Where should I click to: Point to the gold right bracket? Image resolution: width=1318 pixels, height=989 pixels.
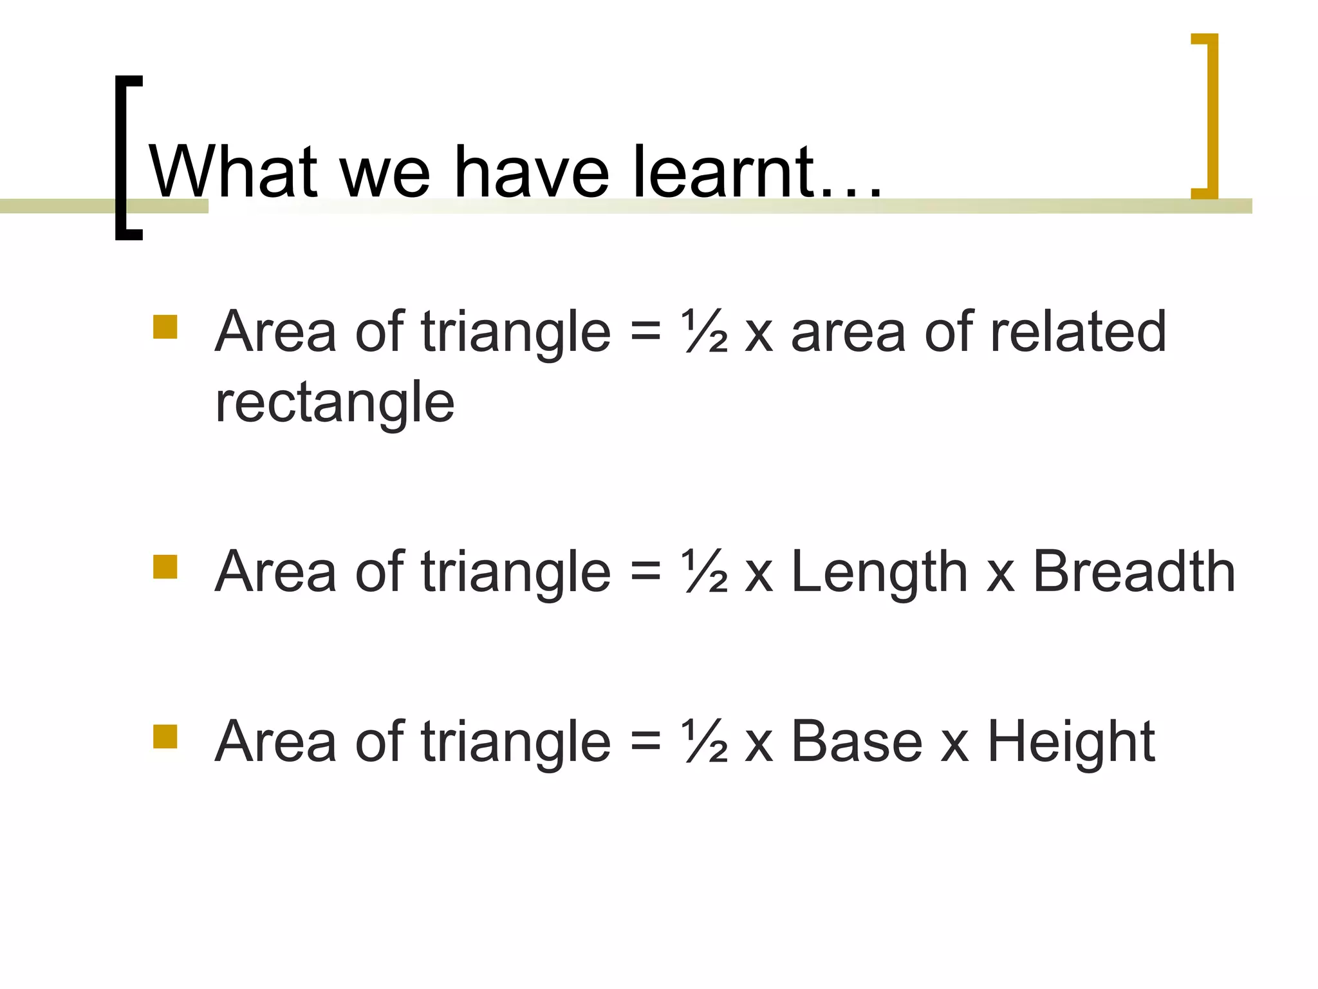[1210, 116]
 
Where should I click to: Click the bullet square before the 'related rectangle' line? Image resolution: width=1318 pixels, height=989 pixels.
[165, 327]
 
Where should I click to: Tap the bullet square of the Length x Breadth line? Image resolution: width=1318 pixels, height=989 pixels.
[165, 567]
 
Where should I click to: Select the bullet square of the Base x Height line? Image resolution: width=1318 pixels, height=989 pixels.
[165, 737]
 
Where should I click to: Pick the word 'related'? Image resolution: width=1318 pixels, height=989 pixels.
[1078, 332]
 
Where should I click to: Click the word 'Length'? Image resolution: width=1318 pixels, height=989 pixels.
[879, 572]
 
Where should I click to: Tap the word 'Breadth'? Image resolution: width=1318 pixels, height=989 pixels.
[1134, 572]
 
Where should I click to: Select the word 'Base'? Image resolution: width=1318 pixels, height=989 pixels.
[857, 742]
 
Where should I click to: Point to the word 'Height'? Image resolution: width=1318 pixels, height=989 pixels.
[1071, 742]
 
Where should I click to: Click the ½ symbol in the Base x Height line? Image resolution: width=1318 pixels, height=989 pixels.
[705, 742]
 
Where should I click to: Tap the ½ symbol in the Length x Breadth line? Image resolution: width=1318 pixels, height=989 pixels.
[705, 572]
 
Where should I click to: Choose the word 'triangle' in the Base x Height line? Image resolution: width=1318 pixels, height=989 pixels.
[515, 742]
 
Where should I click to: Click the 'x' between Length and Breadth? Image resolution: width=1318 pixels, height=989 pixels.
[1001, 574]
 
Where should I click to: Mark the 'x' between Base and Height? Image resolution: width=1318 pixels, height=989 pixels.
[954, 744]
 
